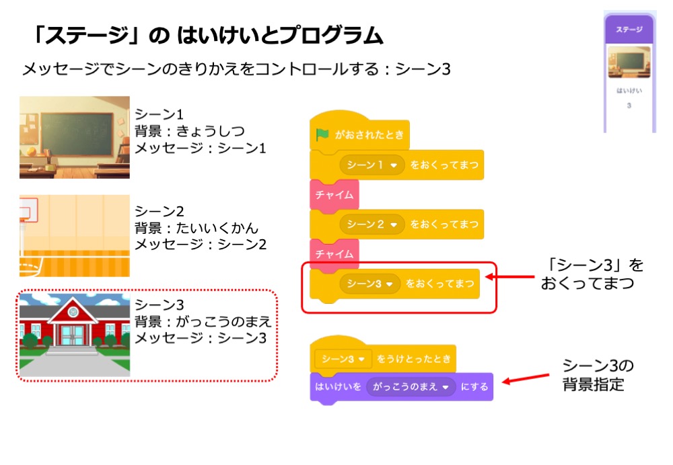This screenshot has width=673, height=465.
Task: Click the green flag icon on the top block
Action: (322, 134)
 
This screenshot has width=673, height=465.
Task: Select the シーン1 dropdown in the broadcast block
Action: (372, 165)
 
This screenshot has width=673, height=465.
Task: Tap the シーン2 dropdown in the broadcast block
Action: (372, 224)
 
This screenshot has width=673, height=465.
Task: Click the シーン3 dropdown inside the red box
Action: (369, 284)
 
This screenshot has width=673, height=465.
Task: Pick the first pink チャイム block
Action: (334, 195)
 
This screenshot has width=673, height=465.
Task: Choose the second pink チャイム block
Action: (334, 254)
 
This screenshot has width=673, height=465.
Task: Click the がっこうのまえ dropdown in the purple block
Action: (411, 386)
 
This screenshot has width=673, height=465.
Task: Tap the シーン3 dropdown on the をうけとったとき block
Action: (343, 359)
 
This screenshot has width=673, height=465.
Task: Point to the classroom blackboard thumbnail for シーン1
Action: (74, 137)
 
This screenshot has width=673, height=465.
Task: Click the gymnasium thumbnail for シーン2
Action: (74, 236)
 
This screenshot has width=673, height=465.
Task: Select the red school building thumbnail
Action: (74, 335)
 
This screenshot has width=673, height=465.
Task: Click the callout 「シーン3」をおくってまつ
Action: (592, 273)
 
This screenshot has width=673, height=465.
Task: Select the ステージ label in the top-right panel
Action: (629, 30)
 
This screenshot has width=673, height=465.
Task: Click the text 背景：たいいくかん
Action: (196, 228)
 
